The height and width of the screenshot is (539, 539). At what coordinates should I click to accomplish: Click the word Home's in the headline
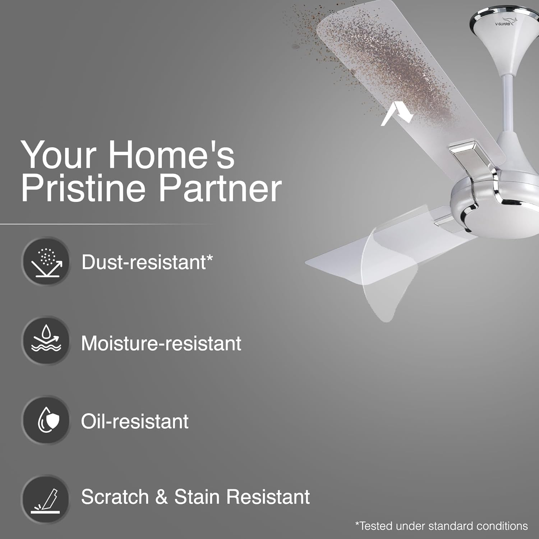[171, 155]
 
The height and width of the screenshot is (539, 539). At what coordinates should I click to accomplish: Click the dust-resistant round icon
[46, 262]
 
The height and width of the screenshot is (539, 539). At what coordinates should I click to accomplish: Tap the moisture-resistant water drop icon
[46, 341]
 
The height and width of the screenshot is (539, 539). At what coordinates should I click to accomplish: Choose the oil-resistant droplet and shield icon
[46, 420]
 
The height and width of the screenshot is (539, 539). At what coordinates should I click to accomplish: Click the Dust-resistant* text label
[147, 262]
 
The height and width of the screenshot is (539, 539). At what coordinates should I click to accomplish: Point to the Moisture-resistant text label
[161, 343]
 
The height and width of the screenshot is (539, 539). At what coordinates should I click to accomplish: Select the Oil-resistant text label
[135, 421]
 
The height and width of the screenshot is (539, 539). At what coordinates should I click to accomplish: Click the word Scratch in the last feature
[115, 497]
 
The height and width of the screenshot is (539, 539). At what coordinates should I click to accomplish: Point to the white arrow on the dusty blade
[395, 113]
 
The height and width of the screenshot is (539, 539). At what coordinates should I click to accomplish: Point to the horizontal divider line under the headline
[108, 224]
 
